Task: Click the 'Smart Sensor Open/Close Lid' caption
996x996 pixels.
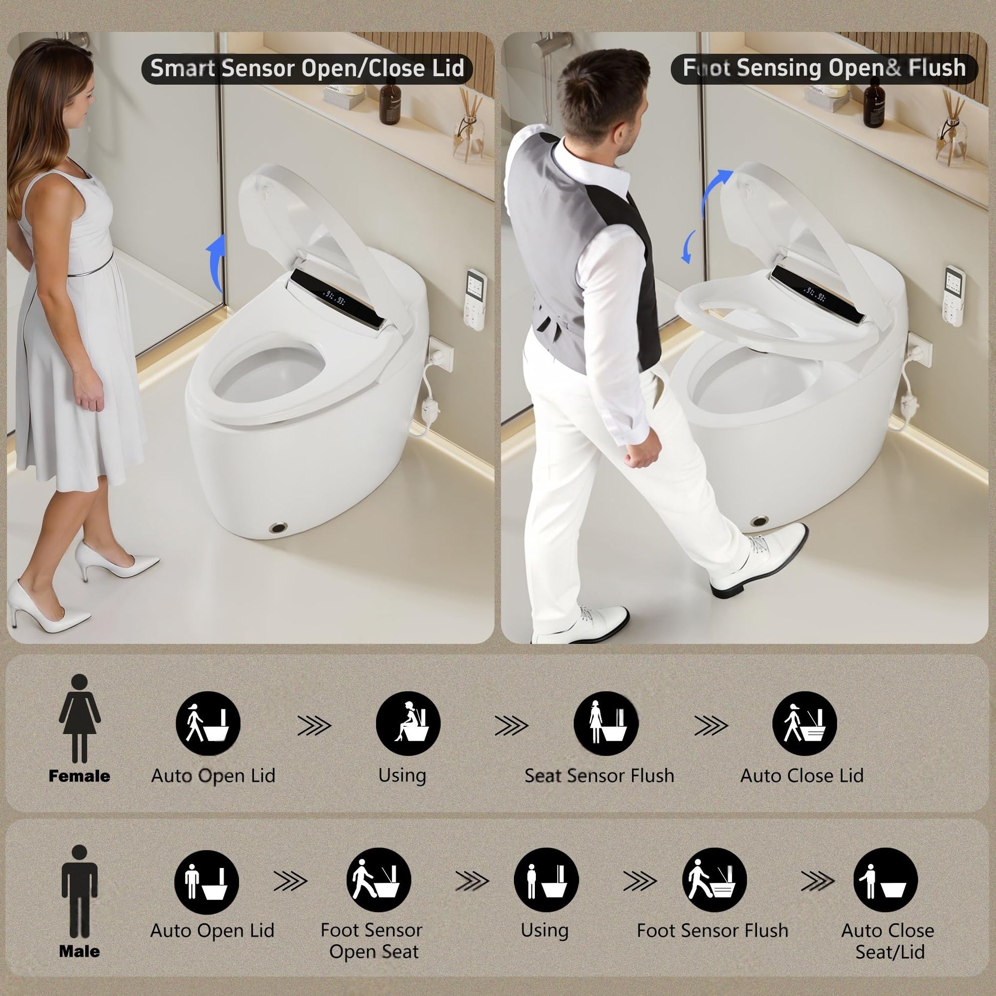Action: pos(307,69)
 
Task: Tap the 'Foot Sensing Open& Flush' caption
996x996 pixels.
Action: pos(824,68)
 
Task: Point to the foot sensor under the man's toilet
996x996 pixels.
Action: pos(760,521)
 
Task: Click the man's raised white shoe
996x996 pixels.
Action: pos(759,560)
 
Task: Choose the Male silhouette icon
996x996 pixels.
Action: pos(79,892)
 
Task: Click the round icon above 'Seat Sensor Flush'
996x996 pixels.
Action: pos(606,724)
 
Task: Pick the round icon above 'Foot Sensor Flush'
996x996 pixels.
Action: pos(714,880)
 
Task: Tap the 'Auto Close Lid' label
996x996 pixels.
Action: pos(802,776)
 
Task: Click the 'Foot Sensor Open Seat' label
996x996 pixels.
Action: pos(372,941)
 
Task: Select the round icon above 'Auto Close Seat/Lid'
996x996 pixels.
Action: pos(885,880)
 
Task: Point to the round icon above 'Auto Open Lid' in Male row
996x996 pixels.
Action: pos(207,882)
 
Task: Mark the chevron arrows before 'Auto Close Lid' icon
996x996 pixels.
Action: pos(710,726)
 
